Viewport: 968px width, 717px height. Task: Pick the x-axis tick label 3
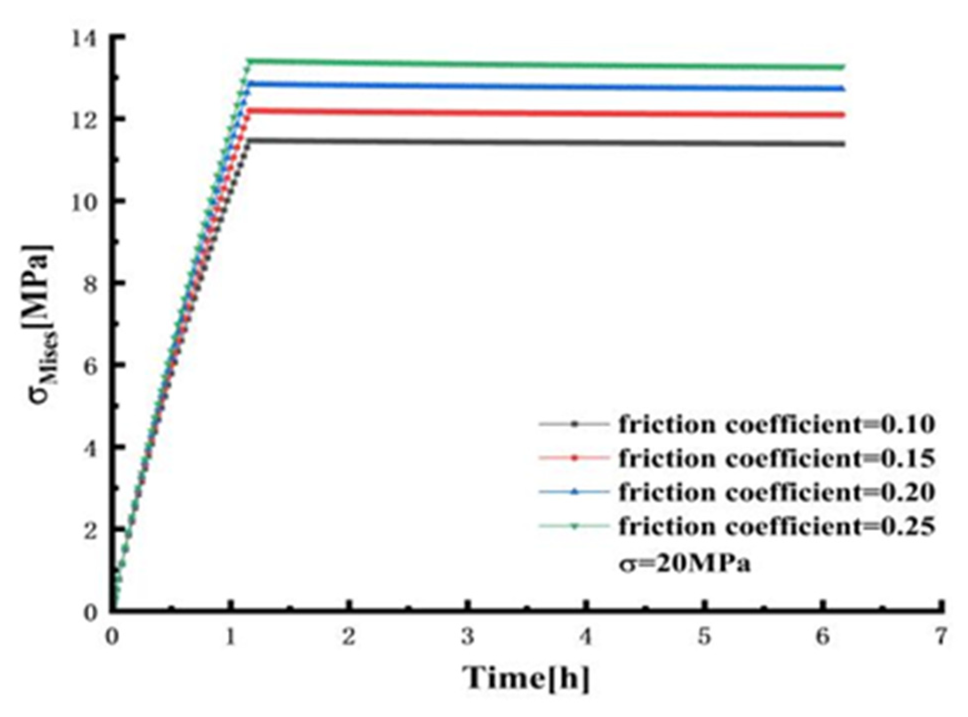tap(467, 637)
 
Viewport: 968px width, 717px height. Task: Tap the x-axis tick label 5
tap(704, 637)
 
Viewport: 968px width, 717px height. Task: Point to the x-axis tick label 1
tap(230, 637)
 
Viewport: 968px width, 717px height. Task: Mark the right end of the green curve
tap(843, 67)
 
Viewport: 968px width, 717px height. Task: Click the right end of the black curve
tap(843, 144)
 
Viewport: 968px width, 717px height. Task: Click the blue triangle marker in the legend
tap(574, 492)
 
